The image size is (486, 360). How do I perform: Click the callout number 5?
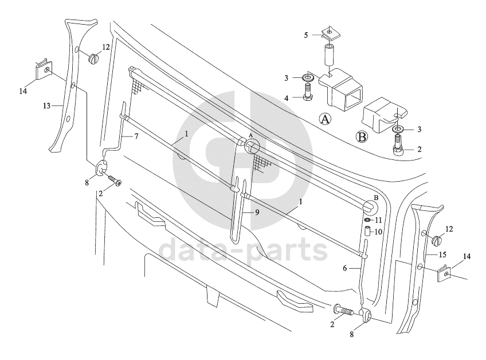[306, 36]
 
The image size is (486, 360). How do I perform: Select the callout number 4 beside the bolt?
[287, 98]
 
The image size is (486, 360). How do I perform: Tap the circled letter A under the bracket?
[325, 119]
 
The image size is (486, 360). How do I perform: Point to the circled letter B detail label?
[362, 137]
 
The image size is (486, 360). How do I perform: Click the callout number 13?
[46, 106]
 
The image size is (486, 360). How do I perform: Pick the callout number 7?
[136, 136]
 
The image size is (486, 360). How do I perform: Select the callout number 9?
[257, 213]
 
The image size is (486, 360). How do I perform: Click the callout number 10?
[378, 232]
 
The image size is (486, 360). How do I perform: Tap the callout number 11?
[378, 221]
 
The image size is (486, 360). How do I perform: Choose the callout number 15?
[442, 255]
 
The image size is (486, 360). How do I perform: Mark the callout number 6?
[344, 268]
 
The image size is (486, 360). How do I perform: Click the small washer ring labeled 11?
[367, 220]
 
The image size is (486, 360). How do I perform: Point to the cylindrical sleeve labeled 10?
[367, 232]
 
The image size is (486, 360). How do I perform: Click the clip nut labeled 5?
[330, 33]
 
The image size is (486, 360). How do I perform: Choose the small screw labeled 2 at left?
[115, 181]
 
